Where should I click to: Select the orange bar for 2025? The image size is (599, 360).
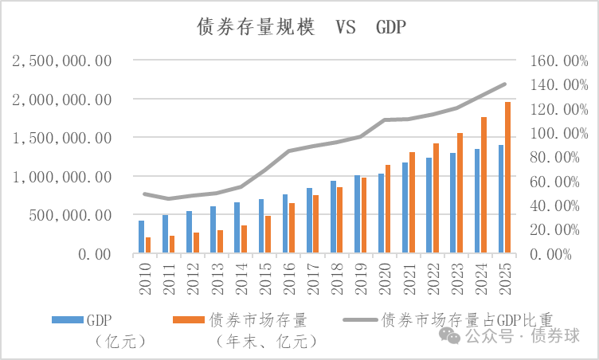(507, 178)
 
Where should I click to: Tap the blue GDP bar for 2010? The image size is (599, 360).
(141, 237)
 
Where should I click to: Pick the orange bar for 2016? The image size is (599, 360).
(292, 228)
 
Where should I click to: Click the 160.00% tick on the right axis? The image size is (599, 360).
(549, 61)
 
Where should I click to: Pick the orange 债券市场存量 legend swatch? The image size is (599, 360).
(189, 319)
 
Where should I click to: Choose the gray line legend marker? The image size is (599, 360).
(360, 319)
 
